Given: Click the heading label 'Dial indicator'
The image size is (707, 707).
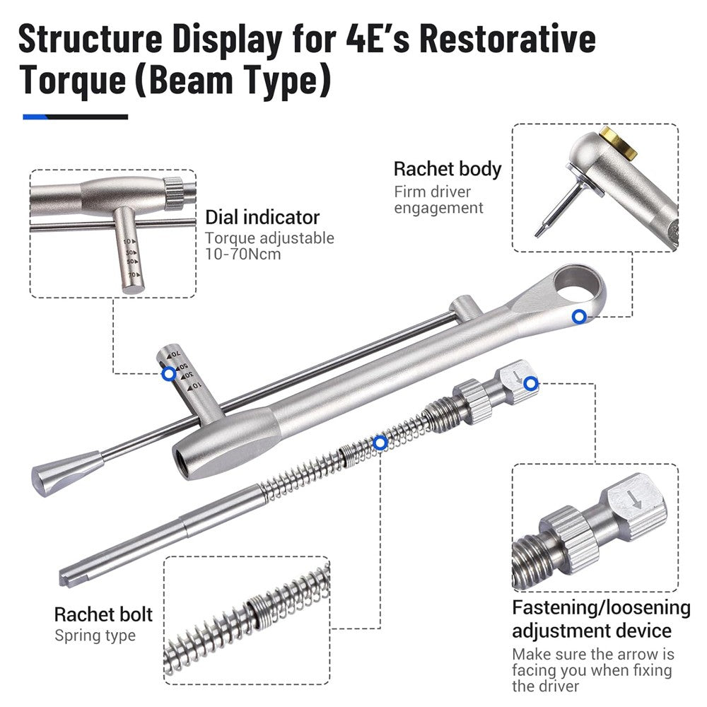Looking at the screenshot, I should point(262,217).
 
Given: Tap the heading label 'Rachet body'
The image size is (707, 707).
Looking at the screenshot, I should point(447,169).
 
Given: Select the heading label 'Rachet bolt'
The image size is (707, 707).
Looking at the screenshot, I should point(103,614).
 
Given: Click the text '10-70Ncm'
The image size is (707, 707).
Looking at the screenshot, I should point(243,253).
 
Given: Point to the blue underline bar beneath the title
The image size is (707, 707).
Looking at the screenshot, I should point(75,117).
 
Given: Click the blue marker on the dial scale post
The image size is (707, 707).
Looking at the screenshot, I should point(169,373).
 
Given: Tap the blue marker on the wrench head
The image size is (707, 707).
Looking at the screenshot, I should point(579,317).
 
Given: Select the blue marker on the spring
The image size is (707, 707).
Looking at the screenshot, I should point(380,443).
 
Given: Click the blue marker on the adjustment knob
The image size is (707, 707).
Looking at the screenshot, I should point(532,383).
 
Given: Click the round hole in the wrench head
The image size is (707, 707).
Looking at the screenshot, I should point(578,282).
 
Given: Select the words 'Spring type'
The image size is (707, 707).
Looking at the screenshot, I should point(95,636).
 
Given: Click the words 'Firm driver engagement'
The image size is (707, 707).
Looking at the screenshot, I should point(438,199).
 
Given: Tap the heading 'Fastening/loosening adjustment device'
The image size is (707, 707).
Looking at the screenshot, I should point(600,619).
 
